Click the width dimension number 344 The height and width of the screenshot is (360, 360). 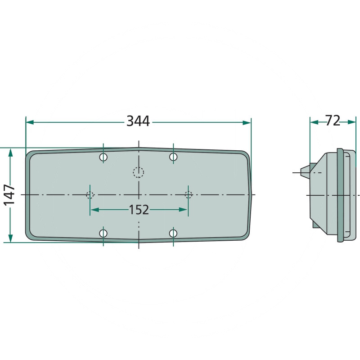(x=138, y=121)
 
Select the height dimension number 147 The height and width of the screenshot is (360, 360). (x=10, y=194)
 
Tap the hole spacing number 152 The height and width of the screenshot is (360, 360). (x=139, y=210)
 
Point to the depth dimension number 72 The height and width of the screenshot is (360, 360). (x=333, y=120)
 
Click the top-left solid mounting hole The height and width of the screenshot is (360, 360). (x=103, y=157)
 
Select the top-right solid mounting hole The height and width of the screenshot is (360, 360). (x=173, y=157)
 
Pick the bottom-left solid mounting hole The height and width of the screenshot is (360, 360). (x=103, y=233)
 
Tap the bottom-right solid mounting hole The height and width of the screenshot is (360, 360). (x=173, y=233)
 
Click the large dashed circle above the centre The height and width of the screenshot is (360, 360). (x=138, y=171)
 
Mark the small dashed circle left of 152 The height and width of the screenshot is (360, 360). (x=90, y=195)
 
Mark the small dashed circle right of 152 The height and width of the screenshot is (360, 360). (x=189, y=195)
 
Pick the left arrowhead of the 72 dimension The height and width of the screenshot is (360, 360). (x=314, y=121)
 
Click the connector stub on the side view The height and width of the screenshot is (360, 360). (x=305, y=171)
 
